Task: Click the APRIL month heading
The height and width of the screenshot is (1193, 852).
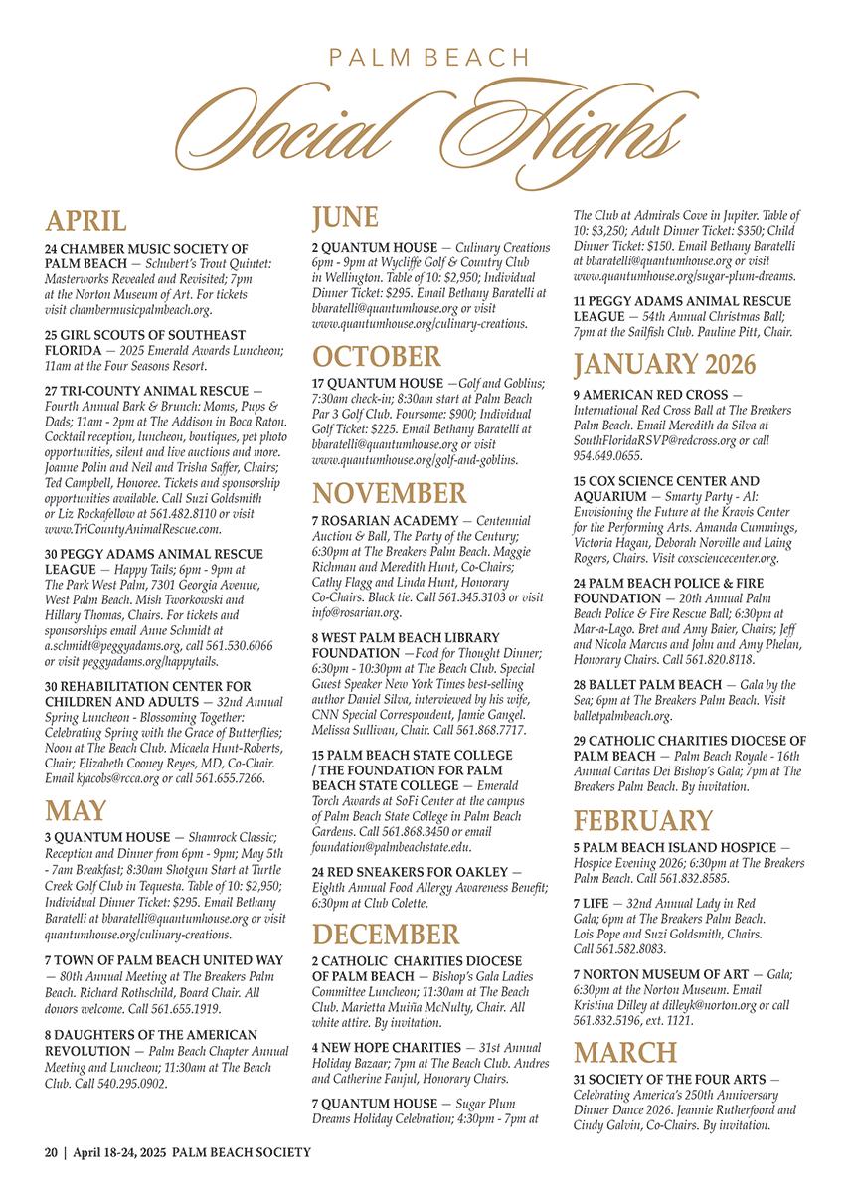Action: tap(85, 220)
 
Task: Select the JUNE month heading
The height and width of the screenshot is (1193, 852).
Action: tap(345, 218)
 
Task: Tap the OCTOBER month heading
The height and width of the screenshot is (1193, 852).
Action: tap(376, 356)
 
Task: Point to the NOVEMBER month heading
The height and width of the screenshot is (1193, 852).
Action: tap(389, 493)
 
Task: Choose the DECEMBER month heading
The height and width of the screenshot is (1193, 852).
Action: tap(386, 936)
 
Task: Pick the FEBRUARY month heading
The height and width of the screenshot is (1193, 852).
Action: tap(643, 821)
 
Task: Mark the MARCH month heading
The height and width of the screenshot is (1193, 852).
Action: tap(624, 1053)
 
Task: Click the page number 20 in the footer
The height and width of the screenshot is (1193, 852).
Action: tap(51, 1152)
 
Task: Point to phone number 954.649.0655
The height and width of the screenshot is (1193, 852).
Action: tap(607, 455)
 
